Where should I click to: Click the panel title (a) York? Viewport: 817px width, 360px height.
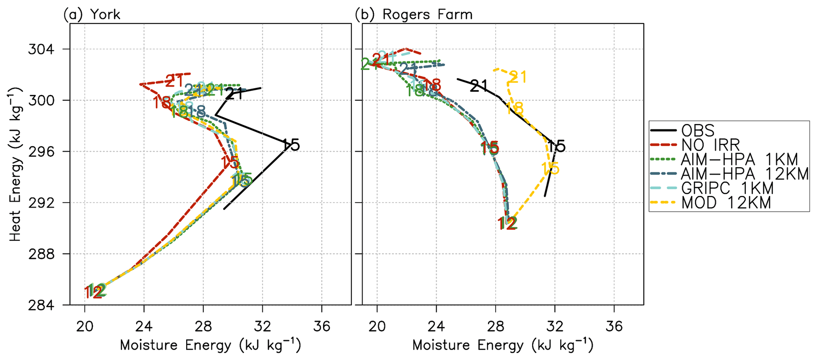tap(92, 15)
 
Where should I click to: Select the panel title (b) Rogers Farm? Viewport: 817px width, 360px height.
tap(413, 15)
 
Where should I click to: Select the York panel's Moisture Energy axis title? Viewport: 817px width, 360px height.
tap(210, 345)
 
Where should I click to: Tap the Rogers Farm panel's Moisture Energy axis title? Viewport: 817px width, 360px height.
tap(503, 345)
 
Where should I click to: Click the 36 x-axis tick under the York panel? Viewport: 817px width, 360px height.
tap(321, 326)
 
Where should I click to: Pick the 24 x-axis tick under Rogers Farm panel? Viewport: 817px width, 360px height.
tap(436, 326)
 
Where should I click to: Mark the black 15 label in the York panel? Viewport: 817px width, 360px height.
tap(291, 145)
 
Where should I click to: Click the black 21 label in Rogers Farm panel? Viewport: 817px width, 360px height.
tap(479, 86)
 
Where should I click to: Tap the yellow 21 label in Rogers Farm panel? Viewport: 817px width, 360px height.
tap(518, 77)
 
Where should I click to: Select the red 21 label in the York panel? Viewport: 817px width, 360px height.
tap(174, 81)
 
